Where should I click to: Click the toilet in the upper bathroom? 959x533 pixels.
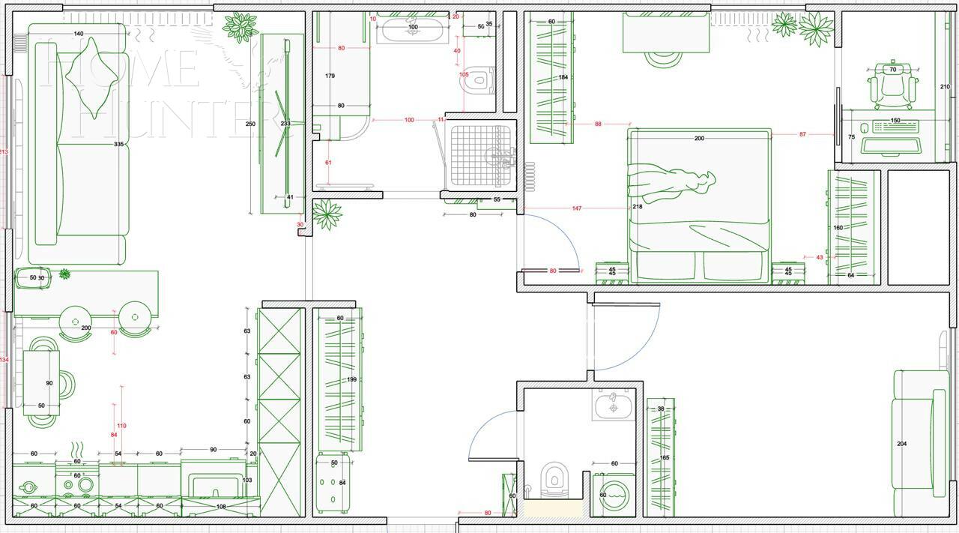click(479, 79)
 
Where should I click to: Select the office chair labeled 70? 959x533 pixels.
click(892, 85)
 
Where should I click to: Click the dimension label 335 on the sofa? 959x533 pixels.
click(118, 144)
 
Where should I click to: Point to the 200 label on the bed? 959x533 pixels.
click(699, 138)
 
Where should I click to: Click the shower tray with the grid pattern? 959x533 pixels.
click(479, 154)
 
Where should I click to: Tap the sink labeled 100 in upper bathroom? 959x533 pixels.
click(412, 30)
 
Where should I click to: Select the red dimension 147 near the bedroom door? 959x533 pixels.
click(576, 208)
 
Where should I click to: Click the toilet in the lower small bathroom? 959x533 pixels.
click(554, 480)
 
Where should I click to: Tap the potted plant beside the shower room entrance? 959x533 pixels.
click(327, 214)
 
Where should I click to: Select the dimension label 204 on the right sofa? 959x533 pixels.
click(902, 444)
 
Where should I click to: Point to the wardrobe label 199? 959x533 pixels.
click(351, 380)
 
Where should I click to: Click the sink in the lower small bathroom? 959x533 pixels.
click(613, 406)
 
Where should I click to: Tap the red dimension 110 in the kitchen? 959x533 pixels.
click(121, 426)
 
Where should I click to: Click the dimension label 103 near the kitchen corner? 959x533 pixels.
click(247, 481)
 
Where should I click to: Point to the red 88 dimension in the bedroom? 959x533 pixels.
click(598, 124)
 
